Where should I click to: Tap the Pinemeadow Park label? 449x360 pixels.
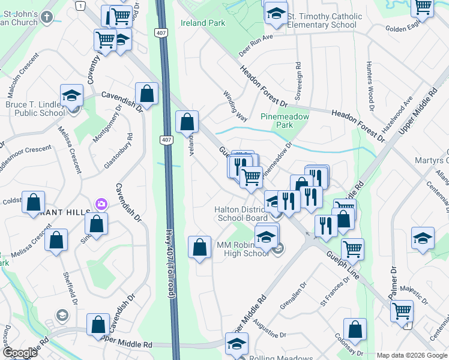coord(285,121)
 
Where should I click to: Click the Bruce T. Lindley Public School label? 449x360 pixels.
coord(35,109)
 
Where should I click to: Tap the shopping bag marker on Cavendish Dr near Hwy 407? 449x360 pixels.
coord(147,94)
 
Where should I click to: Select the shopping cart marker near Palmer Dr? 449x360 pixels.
coord(402,311)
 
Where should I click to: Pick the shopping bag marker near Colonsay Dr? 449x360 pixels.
coord(355,329)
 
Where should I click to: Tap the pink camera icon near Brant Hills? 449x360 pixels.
coord(101,205)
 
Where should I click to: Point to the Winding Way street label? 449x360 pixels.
coord(235,106)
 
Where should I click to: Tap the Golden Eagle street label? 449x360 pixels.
coord(405,28)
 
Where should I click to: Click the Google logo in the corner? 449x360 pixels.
coord(20,353)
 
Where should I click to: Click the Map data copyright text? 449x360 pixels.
coord(412,355)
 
